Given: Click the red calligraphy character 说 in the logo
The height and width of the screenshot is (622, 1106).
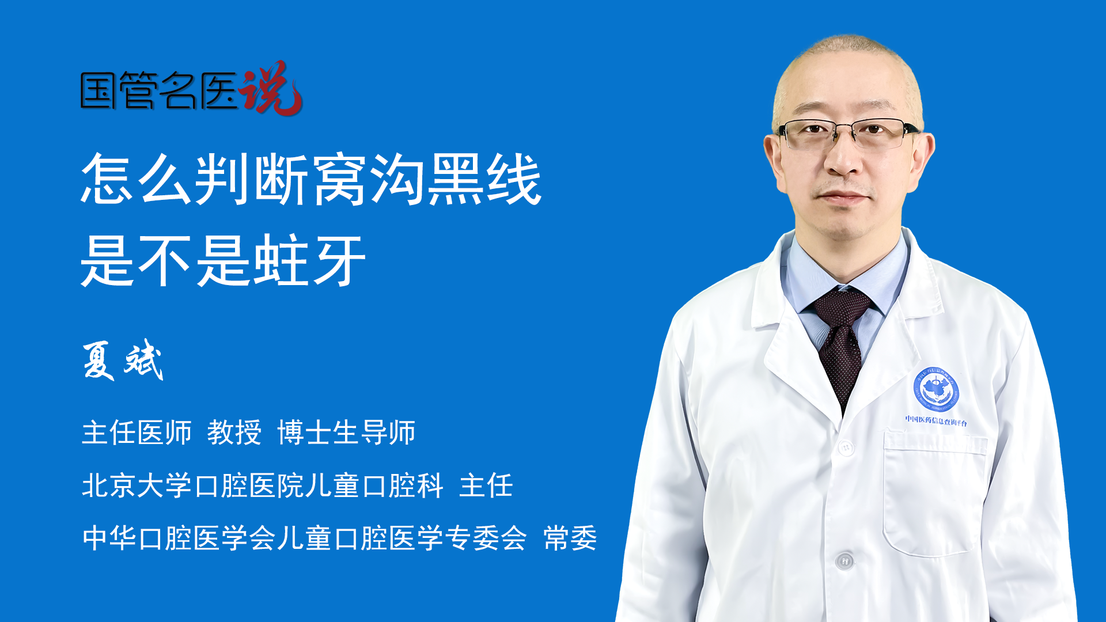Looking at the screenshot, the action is tap(271, 88).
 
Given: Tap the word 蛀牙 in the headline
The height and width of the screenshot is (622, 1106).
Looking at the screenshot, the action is tap(310, 261).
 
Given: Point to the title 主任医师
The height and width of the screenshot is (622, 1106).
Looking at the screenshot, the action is tap(137, 433).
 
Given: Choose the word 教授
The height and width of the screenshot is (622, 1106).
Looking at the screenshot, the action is tap(234, 433).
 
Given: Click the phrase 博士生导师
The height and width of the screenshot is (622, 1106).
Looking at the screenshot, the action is tap(346, 433).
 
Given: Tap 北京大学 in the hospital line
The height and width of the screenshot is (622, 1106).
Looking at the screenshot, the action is tap(137, 485).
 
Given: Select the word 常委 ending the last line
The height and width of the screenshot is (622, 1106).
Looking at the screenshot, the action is tap(570, 538).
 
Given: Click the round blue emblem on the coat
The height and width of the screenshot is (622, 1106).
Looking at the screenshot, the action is tap(936, 390).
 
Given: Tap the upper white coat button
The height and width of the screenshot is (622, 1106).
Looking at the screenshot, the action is tap(846, 447).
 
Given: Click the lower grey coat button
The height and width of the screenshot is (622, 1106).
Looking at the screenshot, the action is tap(844, 560).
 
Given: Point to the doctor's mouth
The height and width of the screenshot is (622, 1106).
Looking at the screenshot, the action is tap(843, 197).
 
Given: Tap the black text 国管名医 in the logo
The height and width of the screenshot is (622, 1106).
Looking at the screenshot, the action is tap(159, 91).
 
